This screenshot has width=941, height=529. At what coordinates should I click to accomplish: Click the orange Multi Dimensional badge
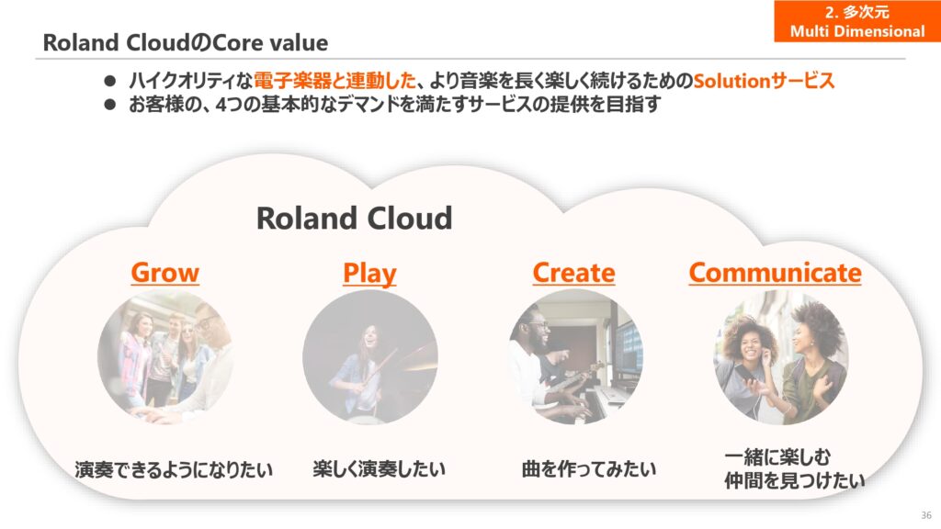857,21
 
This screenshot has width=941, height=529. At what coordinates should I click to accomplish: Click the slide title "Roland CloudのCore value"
186,43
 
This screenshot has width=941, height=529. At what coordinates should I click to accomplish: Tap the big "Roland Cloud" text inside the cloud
354,218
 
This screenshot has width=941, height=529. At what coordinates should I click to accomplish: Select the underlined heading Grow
165,273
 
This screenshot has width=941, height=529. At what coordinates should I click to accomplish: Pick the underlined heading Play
369,274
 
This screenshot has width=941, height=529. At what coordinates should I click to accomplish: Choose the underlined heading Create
573,273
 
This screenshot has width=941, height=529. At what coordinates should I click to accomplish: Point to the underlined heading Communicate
775,273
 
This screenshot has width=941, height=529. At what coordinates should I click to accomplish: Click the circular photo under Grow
165,357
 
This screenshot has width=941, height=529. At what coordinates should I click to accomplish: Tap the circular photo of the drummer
370,357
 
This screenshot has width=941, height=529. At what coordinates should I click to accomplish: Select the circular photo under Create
576,357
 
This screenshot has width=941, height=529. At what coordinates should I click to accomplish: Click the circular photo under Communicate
781,357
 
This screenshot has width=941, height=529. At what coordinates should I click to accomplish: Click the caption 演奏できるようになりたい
174,469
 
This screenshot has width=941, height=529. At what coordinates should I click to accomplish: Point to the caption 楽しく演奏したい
379,468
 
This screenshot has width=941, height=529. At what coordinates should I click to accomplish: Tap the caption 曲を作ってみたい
589,468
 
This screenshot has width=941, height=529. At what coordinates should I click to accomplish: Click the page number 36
926,515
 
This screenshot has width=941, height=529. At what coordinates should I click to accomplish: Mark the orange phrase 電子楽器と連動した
334,81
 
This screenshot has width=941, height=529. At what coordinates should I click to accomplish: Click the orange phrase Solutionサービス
764,81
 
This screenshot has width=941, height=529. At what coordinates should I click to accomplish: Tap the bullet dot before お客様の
109,105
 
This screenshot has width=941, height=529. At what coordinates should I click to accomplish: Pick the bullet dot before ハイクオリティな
109,81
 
